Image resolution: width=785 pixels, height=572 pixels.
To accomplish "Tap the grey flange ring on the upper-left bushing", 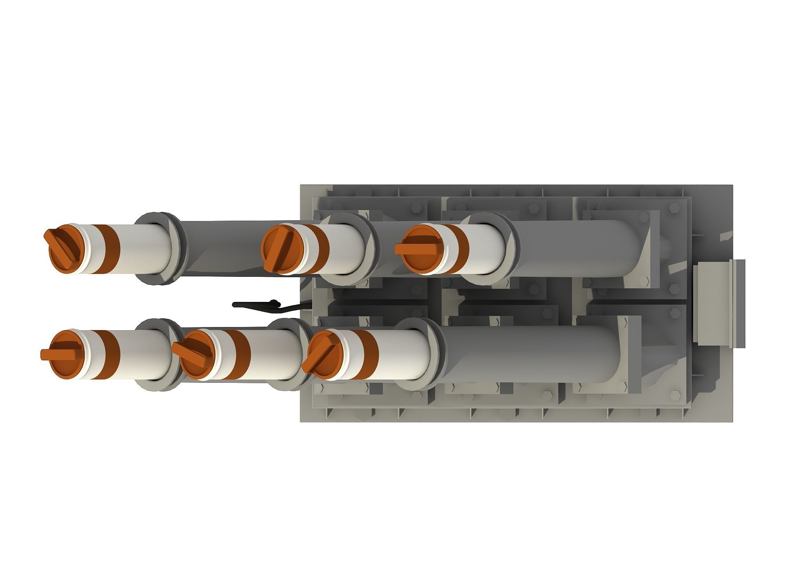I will pyautogui.click(x=157, y=248).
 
